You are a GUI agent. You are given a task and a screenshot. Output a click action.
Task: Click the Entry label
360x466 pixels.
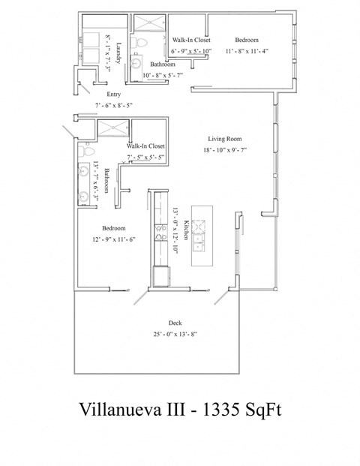click(113, 95)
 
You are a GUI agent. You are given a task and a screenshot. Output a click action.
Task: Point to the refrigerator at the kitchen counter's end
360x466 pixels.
click(161, 277)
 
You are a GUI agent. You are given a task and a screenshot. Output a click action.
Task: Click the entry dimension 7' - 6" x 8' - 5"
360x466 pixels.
click(113, 106)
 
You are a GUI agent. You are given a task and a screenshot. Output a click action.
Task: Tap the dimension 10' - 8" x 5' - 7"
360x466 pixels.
click(163, 75)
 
